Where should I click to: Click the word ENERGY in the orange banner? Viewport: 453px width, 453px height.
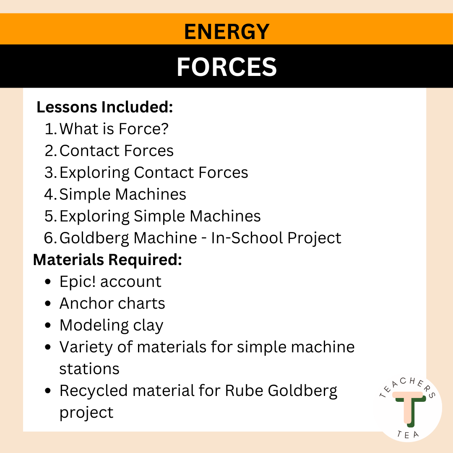tap(226, 32)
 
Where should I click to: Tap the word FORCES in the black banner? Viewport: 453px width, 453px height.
tap(226, 67)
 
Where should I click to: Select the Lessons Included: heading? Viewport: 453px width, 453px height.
tap(105, 107)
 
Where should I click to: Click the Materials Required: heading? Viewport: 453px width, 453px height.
tap(107, 260)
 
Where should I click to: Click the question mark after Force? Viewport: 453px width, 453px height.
tap(164, 129)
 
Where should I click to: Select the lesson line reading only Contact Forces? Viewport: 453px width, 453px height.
tap(117, 151)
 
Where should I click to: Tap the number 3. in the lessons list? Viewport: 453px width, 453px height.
tap(51, 173)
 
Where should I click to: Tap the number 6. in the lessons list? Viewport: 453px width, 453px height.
tap(51, 238)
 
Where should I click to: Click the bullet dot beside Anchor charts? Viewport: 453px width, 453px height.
tap(49, 304)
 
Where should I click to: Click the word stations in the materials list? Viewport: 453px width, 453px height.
tap(89, 369)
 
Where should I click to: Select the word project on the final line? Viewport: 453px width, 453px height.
tap(86, 413)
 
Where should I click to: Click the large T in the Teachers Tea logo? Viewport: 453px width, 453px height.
tap(408, 407)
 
